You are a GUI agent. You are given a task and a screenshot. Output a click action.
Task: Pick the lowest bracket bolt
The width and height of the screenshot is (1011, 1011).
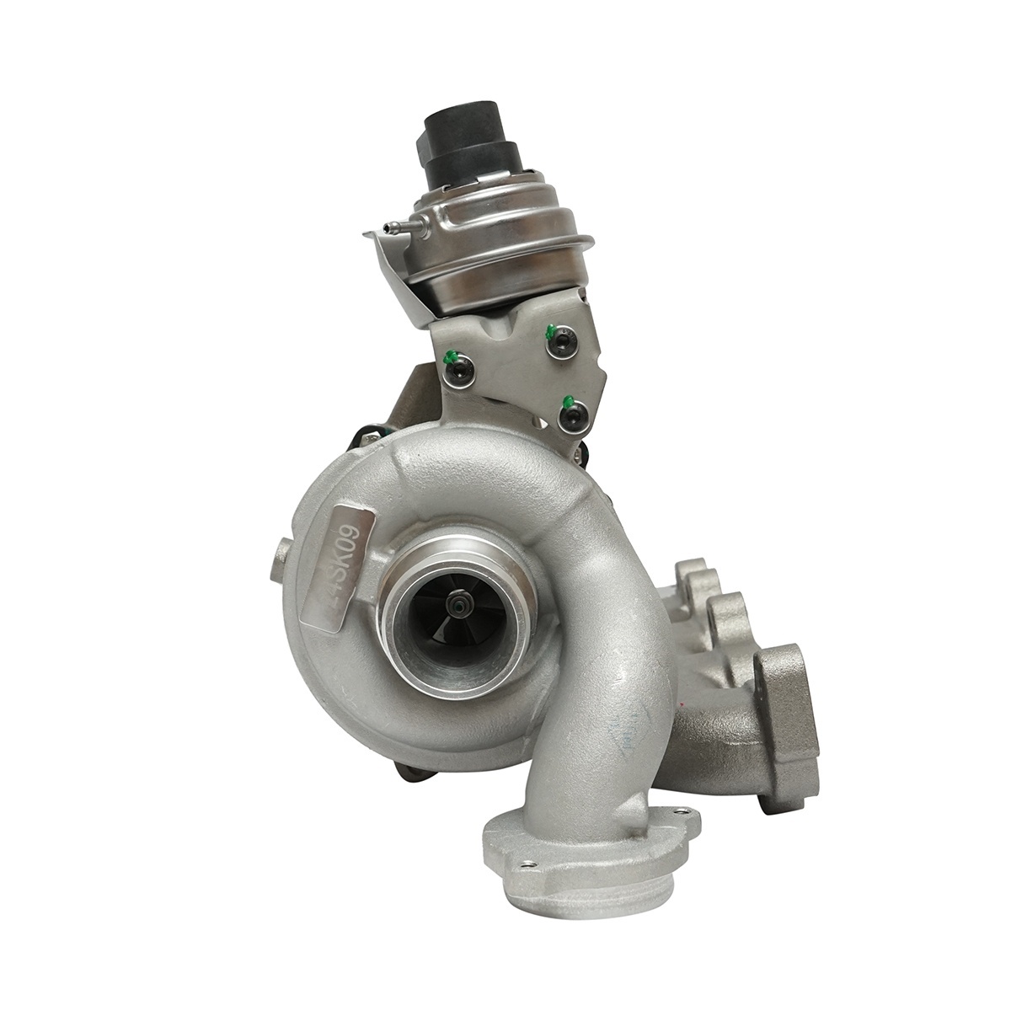pos(575,417)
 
